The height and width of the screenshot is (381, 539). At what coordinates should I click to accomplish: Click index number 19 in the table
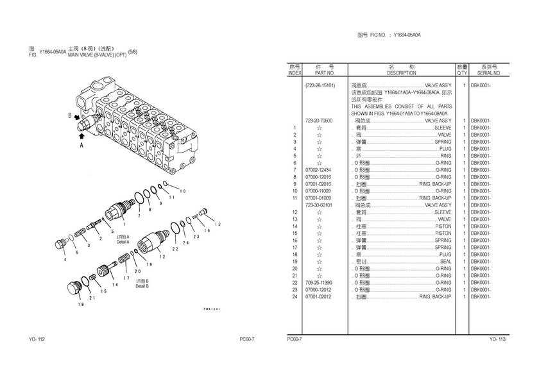point(295,261)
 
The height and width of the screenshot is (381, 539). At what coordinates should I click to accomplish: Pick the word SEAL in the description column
point(445,261)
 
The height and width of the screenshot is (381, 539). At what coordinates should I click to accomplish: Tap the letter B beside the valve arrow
point(70,115)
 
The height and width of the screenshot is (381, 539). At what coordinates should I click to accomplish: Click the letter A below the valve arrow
point(81,146)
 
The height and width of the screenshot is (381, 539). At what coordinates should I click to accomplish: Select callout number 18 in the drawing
point(81,304)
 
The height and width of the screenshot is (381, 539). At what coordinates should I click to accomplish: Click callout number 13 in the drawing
point(218,224)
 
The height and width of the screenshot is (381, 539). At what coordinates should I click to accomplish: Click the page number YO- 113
point(498,339)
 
